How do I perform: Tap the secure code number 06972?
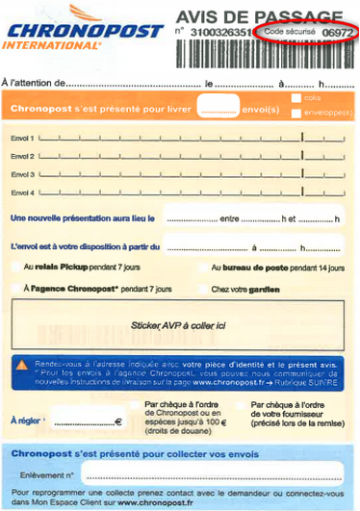337,33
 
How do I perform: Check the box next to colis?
296,98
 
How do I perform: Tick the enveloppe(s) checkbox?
296,113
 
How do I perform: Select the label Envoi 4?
22,192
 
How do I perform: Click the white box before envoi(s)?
217,105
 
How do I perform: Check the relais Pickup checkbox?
15,267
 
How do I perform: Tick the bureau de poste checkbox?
202,267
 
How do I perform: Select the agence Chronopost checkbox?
15,288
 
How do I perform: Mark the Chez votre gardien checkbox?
202,288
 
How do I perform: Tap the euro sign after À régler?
118,422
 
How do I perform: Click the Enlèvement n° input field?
212,474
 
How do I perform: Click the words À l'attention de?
33,84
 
